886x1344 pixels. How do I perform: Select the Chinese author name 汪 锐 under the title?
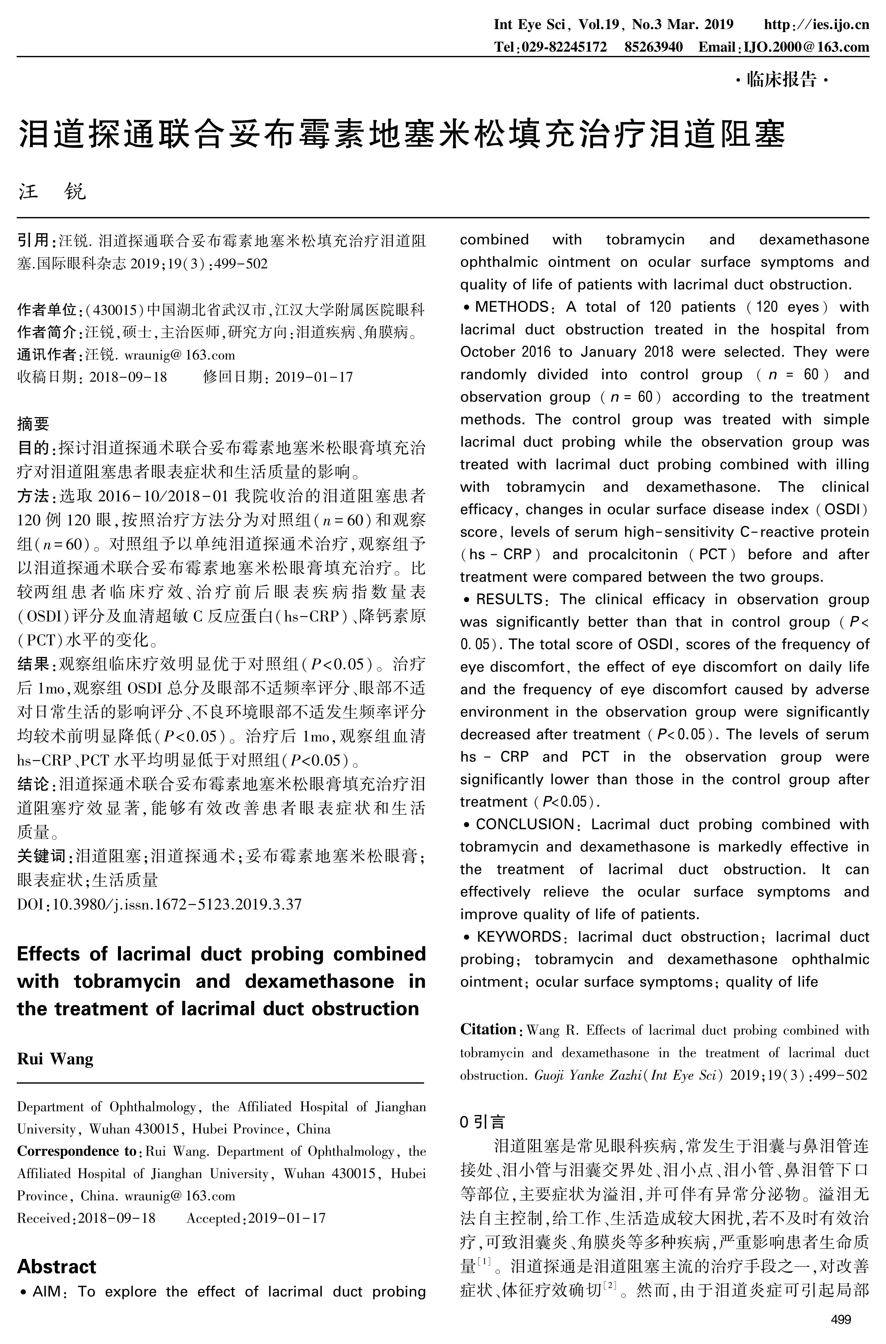tap(52, 192)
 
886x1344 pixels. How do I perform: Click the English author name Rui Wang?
tap(55, 1058)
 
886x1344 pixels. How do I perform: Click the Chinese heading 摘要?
tap(33, 424)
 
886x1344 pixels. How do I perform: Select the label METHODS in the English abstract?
tap(511, 307)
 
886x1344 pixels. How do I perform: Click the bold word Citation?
tap(488, 1029)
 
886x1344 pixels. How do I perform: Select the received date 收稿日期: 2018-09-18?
tap(92, 376)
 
